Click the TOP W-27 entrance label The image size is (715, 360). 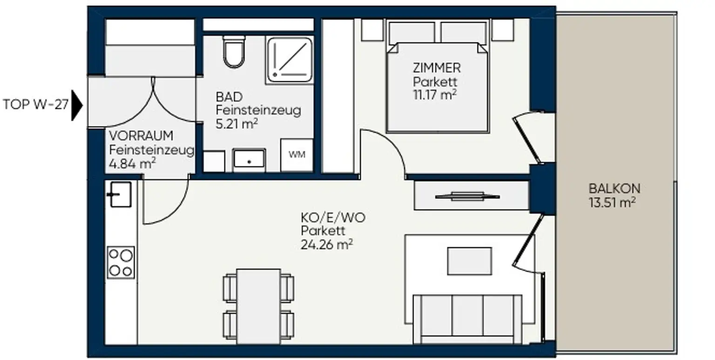tap(35, 104)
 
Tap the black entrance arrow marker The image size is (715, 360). tap(77, 105)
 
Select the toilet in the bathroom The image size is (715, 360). tap(234, 52)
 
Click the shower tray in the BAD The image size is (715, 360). tap(290, 60)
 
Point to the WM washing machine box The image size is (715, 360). tap(297, 155)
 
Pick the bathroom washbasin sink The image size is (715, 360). tap(249, 160)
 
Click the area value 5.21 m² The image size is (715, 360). tap(236, 124)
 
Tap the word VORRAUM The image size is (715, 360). tap(141, 136)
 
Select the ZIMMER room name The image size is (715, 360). tap(437, 68)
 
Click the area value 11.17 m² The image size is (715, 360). tap(435, 95)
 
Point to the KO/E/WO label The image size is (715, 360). tap(333, 218)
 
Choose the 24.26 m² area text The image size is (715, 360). tap(326, 245)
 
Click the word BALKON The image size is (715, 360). tap(614, 189)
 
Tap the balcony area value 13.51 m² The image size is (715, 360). tap(612, 203)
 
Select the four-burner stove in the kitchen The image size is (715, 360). tap(121, 262)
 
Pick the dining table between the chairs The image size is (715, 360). tap(258, 306)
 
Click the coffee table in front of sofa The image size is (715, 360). tap(469, 261)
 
